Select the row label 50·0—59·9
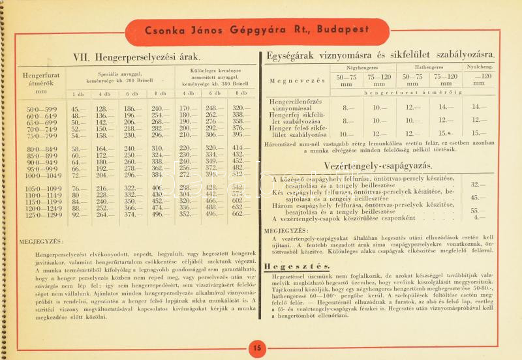click(x=41, y=108)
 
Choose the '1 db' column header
click(x=78, y=94)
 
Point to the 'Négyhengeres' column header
click(x=362, y=67)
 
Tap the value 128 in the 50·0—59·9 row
click(x=102, y=108)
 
